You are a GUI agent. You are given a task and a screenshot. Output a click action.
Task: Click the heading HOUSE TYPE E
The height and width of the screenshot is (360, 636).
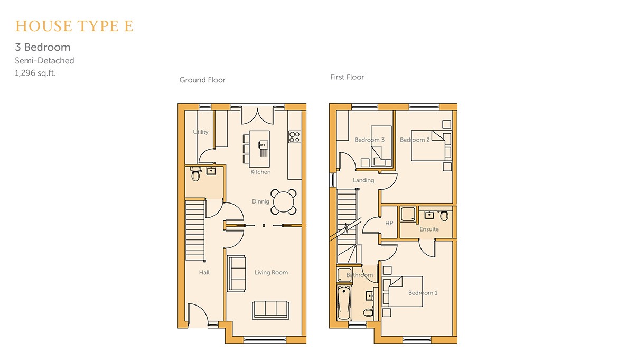[x=74, y=26]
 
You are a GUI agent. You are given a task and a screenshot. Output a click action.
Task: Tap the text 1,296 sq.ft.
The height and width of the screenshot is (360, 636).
[x=35, y=73]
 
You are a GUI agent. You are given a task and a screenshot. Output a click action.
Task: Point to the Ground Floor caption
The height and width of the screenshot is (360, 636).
[x=202, y=80]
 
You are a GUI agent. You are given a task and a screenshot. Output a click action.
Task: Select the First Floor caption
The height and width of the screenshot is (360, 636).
[x=347, y=77]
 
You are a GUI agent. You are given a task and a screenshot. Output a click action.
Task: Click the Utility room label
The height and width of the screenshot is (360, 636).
[x=200, y=132]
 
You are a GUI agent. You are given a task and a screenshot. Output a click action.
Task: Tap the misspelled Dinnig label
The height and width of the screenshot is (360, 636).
[x=260, y=201]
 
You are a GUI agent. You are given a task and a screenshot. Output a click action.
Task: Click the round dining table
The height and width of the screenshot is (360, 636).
[x=283, y=202]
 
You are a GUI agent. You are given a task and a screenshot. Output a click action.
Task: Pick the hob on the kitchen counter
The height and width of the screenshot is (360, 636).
[x=294, y=137]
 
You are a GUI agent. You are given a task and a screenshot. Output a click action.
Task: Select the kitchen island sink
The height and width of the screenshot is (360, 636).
[x=263, y=145]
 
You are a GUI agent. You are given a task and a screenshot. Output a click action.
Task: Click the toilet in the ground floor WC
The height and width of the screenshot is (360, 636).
[x=195, y=174]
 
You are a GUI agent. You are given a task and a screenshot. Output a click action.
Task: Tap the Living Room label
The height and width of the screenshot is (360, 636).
[x=271, y=272]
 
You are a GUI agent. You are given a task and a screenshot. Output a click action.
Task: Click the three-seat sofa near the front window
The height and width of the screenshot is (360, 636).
[x=270, y=310]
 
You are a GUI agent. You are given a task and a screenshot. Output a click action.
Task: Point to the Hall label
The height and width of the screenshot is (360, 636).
[x=204, y=272]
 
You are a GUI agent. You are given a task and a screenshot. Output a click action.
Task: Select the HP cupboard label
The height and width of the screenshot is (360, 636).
[x=389, y=223]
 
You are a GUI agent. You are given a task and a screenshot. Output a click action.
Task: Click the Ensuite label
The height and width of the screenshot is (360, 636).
[x=429, y=229]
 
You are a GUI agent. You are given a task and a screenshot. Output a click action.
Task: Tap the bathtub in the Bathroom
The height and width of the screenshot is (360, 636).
[x=344, y=303]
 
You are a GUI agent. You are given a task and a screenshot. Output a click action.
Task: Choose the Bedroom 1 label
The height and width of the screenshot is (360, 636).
[x=423, y=293]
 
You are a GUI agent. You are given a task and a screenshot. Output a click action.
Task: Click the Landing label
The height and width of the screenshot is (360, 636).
[x=363, y=180]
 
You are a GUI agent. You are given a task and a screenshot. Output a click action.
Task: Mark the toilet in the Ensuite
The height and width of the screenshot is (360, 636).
[x=444, y=216]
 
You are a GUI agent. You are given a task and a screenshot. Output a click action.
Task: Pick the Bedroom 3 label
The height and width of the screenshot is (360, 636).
[x=369, y=140]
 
